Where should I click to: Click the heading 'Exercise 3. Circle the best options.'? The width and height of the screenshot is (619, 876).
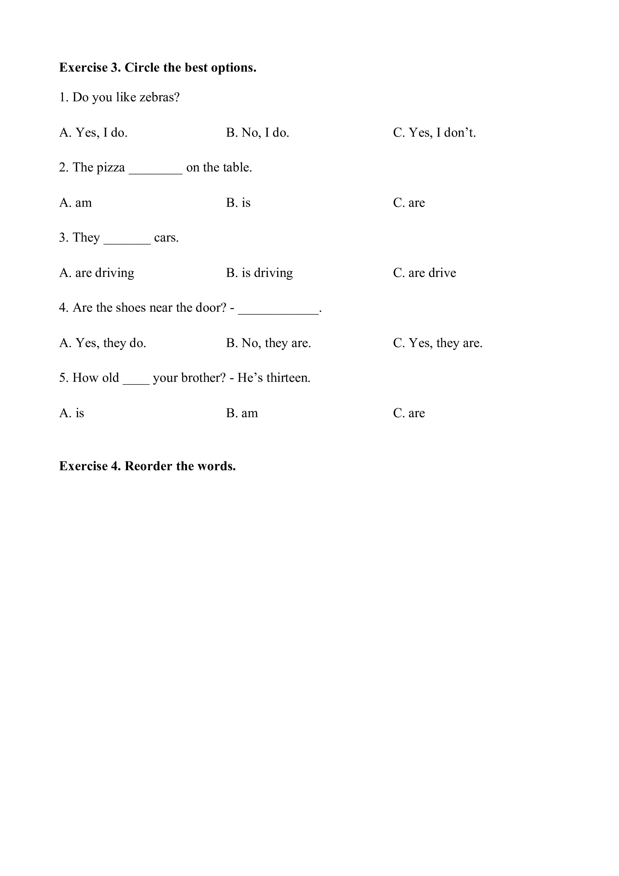tap(157, 67)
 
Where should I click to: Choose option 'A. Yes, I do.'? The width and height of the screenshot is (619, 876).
tap(93, 132)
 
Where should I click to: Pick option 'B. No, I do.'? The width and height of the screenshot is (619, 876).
tap(257, 132)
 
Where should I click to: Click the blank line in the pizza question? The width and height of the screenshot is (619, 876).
tap(156, 170)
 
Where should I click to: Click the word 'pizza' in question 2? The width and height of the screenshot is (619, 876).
tap(111, 168)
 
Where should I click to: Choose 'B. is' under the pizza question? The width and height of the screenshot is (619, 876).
tap(238, 203)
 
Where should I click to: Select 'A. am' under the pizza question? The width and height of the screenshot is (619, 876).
tap(75, 203)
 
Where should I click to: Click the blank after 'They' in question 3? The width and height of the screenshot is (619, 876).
tap(127, 240)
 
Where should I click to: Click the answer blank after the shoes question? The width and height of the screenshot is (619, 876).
tap(278, 310)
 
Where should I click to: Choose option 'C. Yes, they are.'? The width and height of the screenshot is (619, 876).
tap(438, 343)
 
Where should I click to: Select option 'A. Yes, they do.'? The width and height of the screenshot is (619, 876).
tap(103, 343)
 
